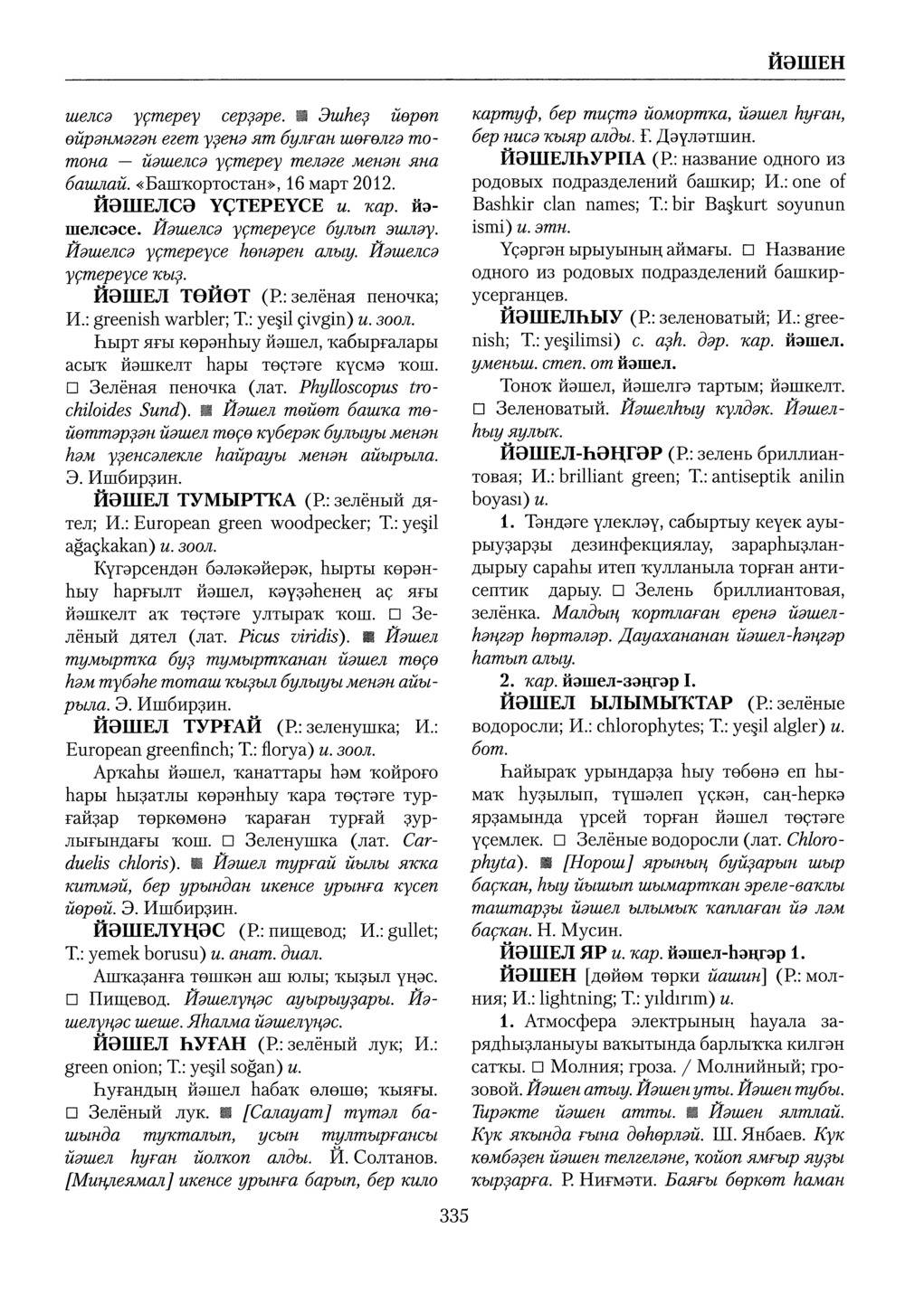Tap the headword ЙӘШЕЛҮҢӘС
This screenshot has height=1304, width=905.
point(160,931)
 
